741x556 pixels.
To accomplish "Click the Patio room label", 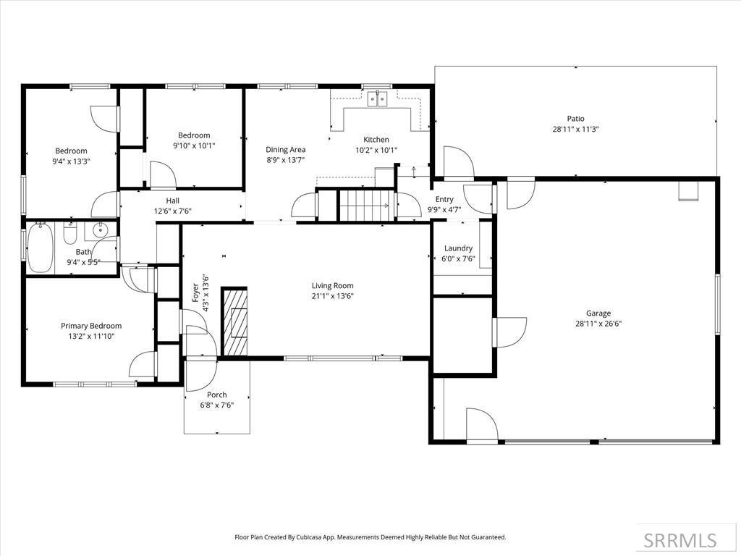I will pyautogui.click(x=575, y=119).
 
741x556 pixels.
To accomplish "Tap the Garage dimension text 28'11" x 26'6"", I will pyautogui.click(x=598, y=324).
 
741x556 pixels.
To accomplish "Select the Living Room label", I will pyautogui.click(x=332, y=286).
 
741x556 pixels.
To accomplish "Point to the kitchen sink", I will pyautogui.click(x=378, y=99).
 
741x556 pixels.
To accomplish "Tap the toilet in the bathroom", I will pyautogui.click(x=70, y=235).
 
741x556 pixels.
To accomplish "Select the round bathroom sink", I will pyautogui.click(x=99, y=231).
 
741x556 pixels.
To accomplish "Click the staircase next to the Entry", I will pyautogui.click(x=367, y=205).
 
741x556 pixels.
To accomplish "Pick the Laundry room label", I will pyautogui.click(x=458, y=248).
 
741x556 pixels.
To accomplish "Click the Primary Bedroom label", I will pyautogui.click(x=91, y=326).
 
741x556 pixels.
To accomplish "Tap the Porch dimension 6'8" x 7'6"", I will pyautogui.click(x=216, y=405).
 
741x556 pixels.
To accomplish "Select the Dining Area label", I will pyautogui.click(x=285, y=150).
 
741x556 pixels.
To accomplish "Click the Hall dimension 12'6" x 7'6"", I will pyautogui.click(x=172, y=211).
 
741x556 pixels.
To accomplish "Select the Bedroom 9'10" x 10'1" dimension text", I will pyautogui.click(x=194, y=146).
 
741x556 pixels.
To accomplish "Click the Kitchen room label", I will pyautogui.click(x=376, y=140).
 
